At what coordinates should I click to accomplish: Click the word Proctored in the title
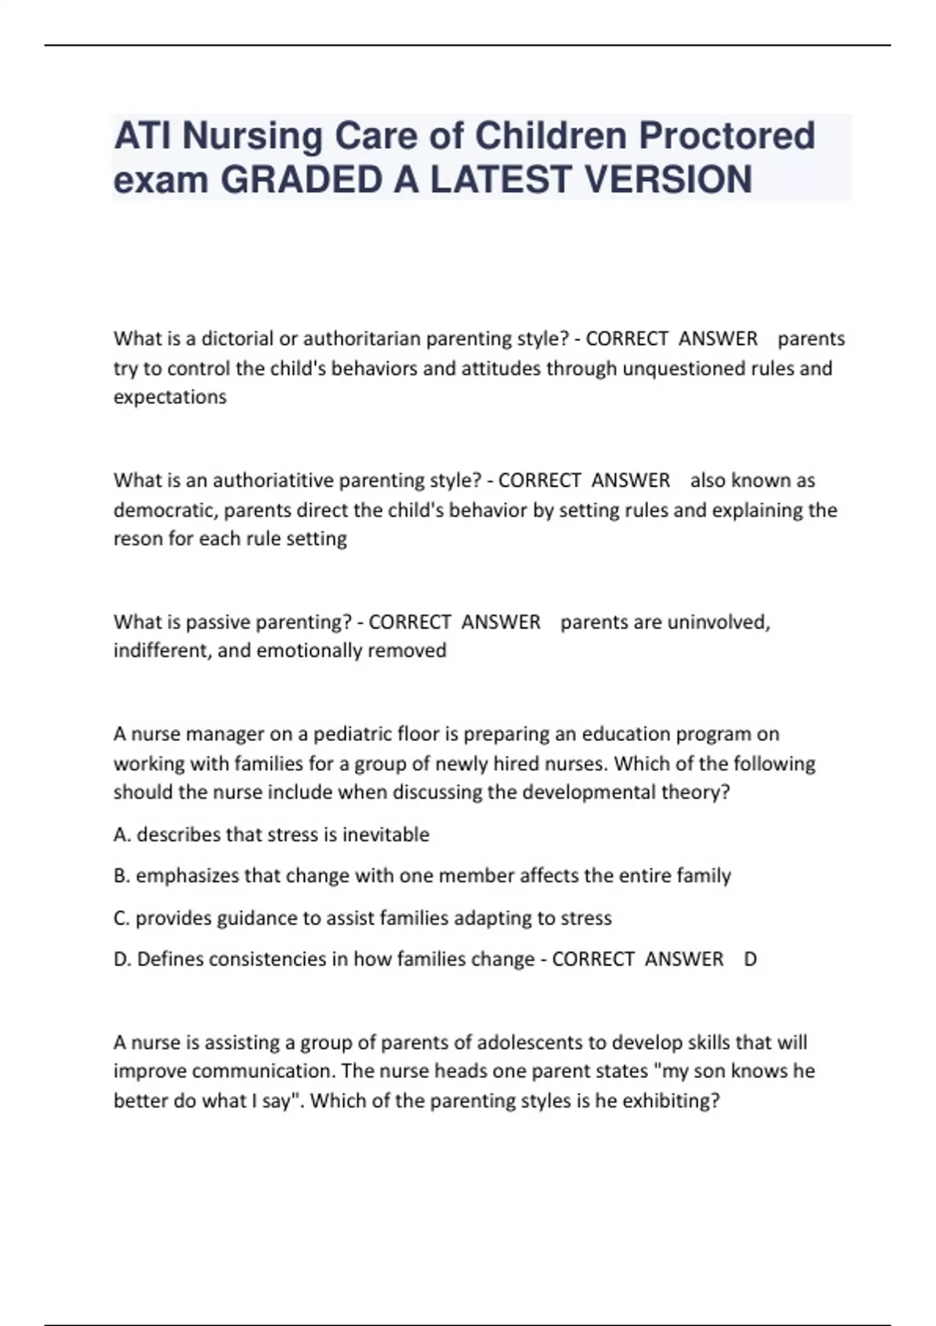click(727, 136)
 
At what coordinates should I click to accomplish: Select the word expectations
click(170, 397)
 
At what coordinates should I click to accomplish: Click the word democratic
click(165, 510)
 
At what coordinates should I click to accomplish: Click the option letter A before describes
click(121, 835)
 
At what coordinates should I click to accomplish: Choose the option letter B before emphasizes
click(121, 876)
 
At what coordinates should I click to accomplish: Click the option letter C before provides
click(121, 918)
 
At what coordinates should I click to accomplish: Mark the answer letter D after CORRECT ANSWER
click(750, 959)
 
